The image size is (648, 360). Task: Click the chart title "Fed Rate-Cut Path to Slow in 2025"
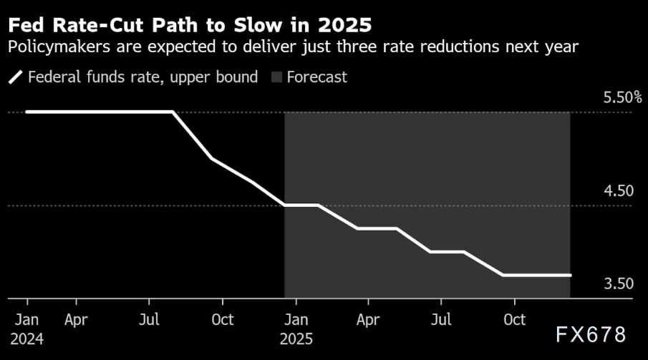pyautogui.click(x=190, y=26)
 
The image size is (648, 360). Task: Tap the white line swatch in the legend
pyautogui.click(x=15, y=77)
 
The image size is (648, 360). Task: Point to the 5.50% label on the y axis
pyautogui.click(x=622, y=97)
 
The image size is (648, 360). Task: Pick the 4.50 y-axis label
pyautogui.click(x=619, y=191)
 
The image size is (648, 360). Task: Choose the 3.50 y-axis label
pyautogui.click(x=619, y=284)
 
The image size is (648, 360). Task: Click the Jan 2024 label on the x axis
pyautogui.click(x=27, y=328)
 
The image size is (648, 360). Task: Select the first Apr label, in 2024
pyautogui.click(x=76, y=319)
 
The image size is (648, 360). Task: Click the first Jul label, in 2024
pyautogui.click(x=149, y=319)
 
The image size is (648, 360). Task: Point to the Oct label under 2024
pyautogui.click(x=223, y=319)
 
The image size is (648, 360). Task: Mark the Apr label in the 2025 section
pyautogui.click(x=368, y=319)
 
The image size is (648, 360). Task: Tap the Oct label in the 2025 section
pyautogui.click(x=515, y=319)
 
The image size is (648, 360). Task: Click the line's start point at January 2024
pyautogui.click(x=27, y=112)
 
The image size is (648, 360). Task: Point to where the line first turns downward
pyautogui.click(x=173, y=112)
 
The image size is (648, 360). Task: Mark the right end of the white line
pyautogui.click(x=570, y=275)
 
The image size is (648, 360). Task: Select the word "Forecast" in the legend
pyautogui.click(x=316, y=77)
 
